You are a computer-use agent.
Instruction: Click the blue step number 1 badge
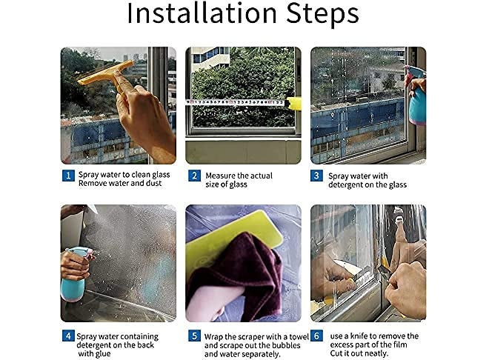click(68, 176)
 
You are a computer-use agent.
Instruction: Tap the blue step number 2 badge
click(194, 176)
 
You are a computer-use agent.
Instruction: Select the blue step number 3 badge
click(316, 176)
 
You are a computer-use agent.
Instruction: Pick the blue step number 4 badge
click(68, 336)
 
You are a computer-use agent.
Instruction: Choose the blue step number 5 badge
click(194, 336)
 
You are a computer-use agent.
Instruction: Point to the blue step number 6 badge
click(316, 336)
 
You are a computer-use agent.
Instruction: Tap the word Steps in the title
click(323, 14)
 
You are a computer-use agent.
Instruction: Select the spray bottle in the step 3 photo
click(416, 95)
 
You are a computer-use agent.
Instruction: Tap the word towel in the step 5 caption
click(299, 337)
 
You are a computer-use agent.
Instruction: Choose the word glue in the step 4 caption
click(103, 354)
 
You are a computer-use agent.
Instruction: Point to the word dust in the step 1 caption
click(154, 183)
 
